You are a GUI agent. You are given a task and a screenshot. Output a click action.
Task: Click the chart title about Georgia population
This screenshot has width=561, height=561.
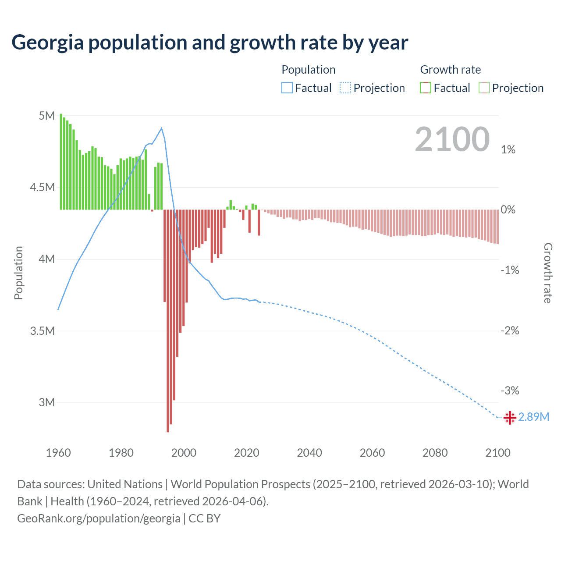click(x=209, y=43)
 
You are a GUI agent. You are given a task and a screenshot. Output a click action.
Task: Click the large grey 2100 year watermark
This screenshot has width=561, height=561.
click(x=452, y=139)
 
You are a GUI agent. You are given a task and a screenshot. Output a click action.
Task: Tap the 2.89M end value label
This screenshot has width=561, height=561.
click(x=533, y=417)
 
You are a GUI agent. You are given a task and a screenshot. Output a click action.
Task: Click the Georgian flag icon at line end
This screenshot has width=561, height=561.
click(x=510, y=418)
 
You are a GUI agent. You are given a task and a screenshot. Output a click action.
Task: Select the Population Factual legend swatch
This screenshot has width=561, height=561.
click(x=287, y=88)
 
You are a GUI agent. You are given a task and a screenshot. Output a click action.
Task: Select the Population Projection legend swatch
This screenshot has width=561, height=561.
click(x=345, y=88)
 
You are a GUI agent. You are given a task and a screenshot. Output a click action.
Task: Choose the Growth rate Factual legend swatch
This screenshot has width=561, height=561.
click(x=426, y=88)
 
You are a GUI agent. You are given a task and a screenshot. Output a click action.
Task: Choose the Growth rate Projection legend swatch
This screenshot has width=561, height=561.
click(x=484, y=88)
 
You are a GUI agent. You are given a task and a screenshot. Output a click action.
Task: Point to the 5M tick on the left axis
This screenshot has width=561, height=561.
click(x=46, y=116)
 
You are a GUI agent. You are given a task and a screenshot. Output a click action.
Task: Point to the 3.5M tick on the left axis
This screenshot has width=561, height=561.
click(x=43, y=331)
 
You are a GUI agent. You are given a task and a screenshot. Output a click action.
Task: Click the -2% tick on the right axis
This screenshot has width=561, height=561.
click(x=510, y=330)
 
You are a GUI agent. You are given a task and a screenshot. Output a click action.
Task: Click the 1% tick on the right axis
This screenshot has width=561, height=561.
click(x=508, y=150)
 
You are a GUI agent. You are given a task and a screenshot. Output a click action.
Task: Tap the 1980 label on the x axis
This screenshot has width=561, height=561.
click(x=121, y=453)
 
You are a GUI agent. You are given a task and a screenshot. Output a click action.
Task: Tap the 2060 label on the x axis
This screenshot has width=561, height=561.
click(x=372, y=453)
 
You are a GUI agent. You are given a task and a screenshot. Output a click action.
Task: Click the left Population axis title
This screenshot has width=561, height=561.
click(x=18, y=273)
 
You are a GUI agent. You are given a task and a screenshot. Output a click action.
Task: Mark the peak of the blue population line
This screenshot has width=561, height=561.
click(x=162, y=128)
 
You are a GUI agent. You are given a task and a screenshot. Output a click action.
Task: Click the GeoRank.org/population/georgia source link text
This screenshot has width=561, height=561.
click(x=99, y=518)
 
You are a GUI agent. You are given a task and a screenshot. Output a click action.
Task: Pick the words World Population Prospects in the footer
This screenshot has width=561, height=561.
click(x=240, y=484)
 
